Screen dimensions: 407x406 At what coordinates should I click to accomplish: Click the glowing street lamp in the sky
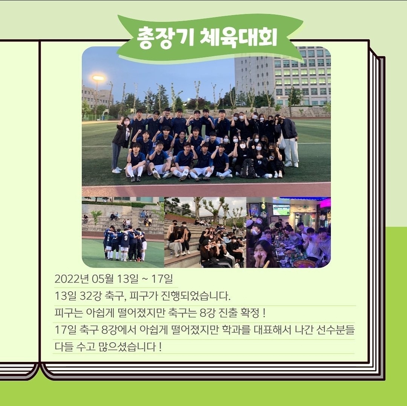click(98, 78)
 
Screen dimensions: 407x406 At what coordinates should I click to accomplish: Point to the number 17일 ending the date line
click(162, 279)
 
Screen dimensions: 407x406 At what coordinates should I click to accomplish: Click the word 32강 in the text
click(90, 296)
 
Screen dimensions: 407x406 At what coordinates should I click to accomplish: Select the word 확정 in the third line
click(250, 312)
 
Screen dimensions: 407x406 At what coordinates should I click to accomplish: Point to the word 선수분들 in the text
click(335, 329)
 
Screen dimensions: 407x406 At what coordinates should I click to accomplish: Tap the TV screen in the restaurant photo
click(281, 210)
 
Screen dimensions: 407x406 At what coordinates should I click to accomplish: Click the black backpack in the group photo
click(248, 168)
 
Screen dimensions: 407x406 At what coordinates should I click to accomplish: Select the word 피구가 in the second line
click(143, 296)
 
